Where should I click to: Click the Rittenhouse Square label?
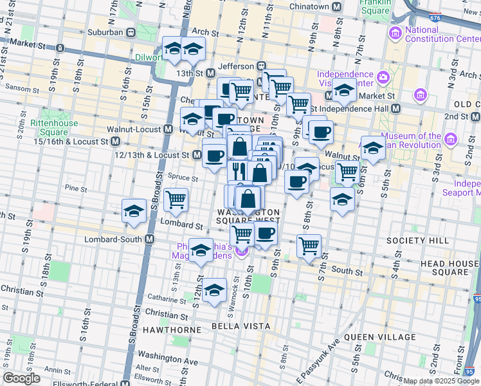click(54, 128)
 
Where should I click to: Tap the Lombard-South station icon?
click(150, 239)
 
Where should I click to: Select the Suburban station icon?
click(131, 32)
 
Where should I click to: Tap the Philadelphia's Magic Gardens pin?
click(241, 252)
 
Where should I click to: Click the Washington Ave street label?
click(167, 362)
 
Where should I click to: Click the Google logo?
click(22, 378)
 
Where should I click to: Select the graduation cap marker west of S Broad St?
click(134, 211)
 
